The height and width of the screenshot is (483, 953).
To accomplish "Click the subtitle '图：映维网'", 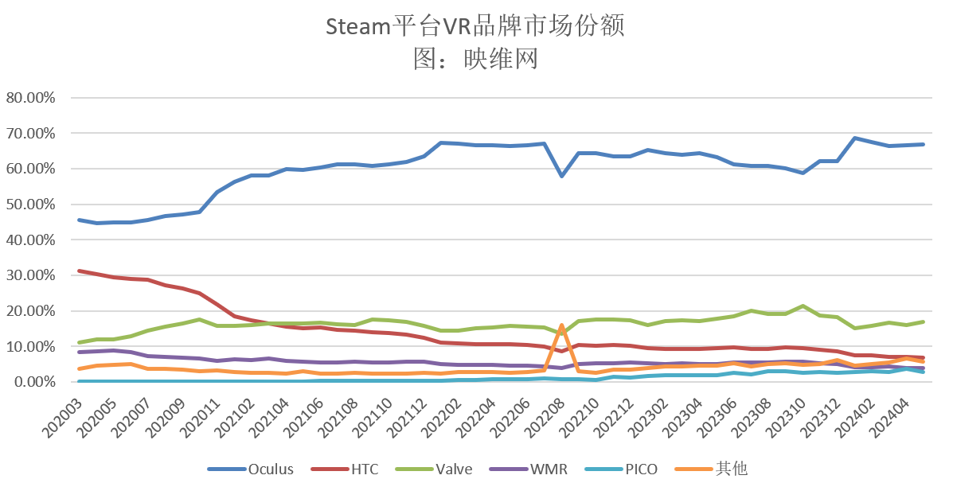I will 475,58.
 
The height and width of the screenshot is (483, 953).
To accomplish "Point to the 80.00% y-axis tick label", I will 29,98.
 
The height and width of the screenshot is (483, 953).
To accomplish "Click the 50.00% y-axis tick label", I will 29,204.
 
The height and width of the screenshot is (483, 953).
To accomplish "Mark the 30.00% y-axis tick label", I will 29,275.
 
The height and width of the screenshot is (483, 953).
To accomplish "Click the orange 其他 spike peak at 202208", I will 562,325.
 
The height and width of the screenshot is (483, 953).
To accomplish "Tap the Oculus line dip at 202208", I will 562,175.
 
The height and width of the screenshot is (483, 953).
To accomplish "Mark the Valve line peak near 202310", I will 803,306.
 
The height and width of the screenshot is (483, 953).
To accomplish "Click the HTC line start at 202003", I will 79,271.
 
